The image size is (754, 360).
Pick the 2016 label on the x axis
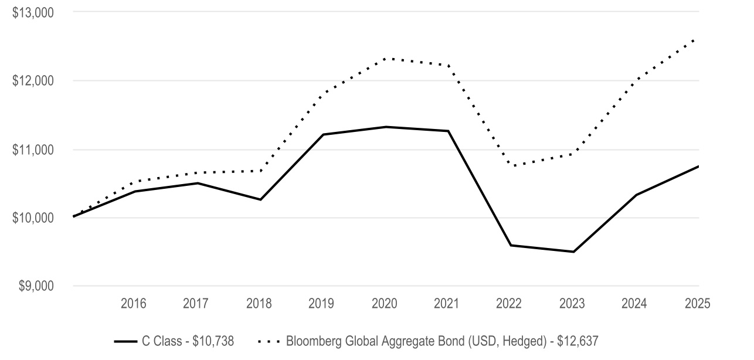pos(134,304)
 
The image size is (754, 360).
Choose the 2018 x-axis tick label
pos(259,304)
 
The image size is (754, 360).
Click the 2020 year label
pos(385,304)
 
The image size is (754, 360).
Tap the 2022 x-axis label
pos(509,304)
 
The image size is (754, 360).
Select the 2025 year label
pos(697,304)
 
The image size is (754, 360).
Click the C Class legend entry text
pos(188,341)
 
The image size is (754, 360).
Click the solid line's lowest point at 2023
pos(573,252)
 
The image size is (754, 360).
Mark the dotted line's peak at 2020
pos(386,58)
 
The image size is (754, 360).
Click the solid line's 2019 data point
pos(324,134)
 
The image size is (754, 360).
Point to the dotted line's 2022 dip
pos(511,166)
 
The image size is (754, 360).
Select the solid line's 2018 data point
pos(261,200)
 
